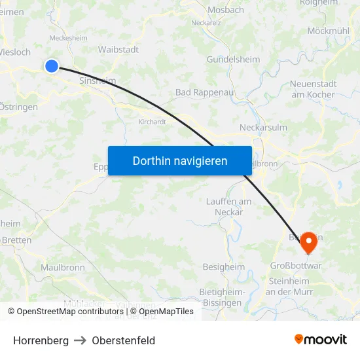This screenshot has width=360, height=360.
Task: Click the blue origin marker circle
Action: click(52, 65)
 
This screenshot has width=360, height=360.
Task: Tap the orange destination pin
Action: click(308, 242)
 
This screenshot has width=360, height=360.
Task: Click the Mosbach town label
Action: click(225, 10)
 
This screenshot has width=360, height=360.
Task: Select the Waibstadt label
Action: click(118, 49)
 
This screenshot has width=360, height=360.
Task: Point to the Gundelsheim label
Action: click(234, 59)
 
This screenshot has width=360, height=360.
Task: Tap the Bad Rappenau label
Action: click(204, 92)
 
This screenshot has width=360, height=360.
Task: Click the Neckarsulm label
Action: click(264, 128)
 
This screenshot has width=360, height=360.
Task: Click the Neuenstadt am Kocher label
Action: click(314, 89)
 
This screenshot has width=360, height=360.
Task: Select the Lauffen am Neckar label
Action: click(228, 206)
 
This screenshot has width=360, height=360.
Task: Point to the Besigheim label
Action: click(224, 267)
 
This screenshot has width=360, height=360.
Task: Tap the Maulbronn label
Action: click(63, 267)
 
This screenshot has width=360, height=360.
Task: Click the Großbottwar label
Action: click(296, 266)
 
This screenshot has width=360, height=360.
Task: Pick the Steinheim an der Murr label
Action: click(291, 286)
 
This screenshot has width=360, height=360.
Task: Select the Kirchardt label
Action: click(152, 122)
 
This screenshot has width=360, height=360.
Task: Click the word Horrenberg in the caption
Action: click(41, 340)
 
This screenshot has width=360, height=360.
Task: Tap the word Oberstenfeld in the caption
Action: click(124, 340)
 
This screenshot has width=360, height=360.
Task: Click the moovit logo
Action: click(321, 339)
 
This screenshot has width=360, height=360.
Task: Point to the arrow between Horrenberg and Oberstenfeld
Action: click(81, 340)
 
